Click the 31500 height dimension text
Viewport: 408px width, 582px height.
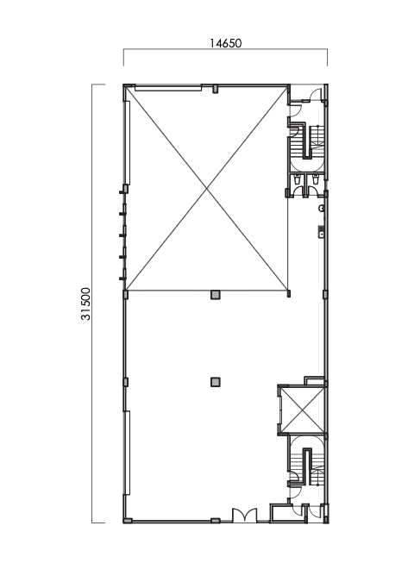(86, 304)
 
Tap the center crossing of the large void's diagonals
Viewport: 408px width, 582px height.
(207, 189)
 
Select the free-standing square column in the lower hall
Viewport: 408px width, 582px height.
(215, 381)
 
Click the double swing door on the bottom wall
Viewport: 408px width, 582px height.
(244, 515)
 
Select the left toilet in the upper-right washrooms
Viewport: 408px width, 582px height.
(298, 181)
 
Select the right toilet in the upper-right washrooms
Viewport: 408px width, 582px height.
(316, 181)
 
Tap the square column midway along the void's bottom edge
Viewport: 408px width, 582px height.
(215, 294)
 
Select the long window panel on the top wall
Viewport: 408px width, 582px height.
(167, 86)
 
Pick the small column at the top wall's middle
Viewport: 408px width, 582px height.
(215, 87)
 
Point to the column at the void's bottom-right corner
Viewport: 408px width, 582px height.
(289, 294)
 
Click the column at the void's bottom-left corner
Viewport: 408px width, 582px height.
(125, 294)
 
